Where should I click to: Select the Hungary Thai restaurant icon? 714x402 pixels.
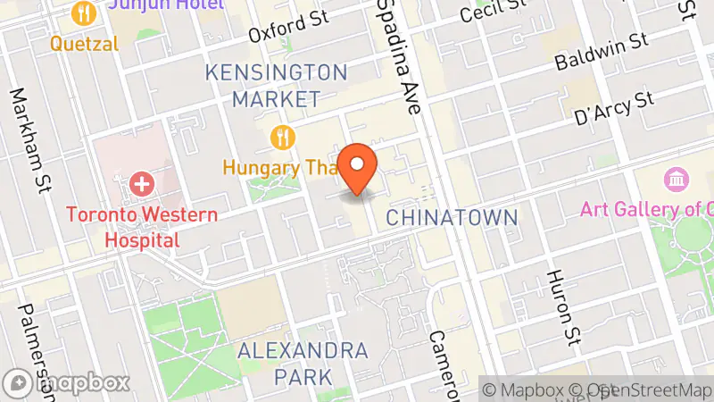click(283, 137)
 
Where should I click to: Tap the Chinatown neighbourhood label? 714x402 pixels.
click(452, 217)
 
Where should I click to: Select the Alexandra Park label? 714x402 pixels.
click(302, 364)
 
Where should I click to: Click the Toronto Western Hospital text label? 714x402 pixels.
click(141, 227)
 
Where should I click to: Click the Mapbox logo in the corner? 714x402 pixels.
click(67, 383)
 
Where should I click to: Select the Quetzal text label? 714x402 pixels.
click(84, 42)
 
